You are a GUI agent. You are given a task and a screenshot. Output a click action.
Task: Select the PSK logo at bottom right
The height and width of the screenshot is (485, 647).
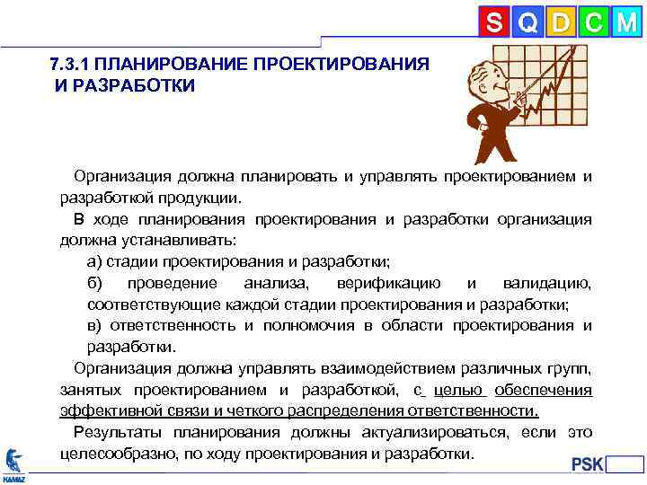589,463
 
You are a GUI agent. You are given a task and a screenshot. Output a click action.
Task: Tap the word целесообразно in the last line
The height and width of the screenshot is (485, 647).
115,454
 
